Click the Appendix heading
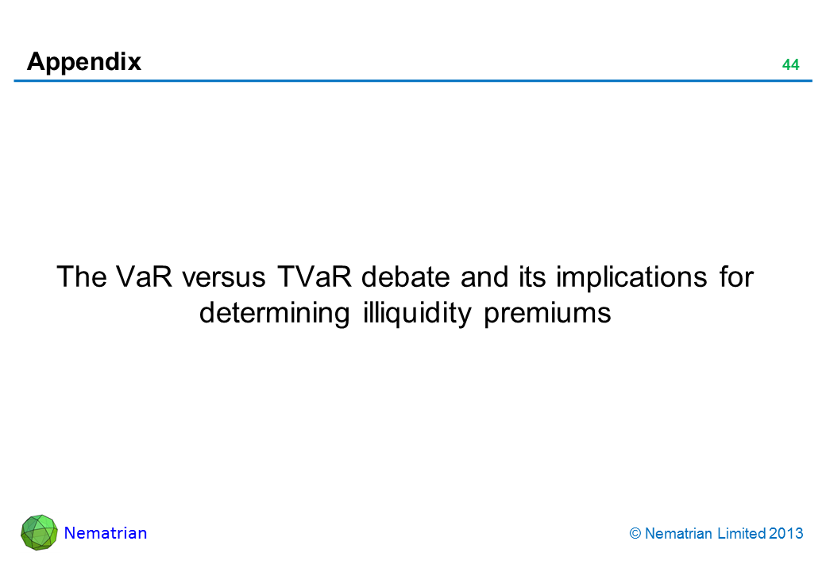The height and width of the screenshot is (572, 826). [x=84, y=63]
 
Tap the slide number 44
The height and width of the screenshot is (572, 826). [x=790, y=65]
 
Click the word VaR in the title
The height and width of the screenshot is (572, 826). [x=144, y=276]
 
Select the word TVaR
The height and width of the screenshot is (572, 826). [x=315, y=276]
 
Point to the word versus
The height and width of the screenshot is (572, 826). [x=224, y=277]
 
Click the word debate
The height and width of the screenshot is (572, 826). [x=406, y=276]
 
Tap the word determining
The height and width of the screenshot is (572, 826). [x=275, y=314]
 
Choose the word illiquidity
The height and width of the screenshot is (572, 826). [x=417, y=314]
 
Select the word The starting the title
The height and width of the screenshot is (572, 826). [x=82, y=276]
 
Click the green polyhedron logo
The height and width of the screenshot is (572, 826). [x=39, y=532]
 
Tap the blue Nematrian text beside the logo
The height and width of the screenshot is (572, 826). [x=106, y=533]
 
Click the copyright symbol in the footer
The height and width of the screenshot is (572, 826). [x=635, y=534]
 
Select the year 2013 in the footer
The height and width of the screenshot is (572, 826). [x=786, y=534]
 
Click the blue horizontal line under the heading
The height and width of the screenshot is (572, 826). [x=413, y=81]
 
